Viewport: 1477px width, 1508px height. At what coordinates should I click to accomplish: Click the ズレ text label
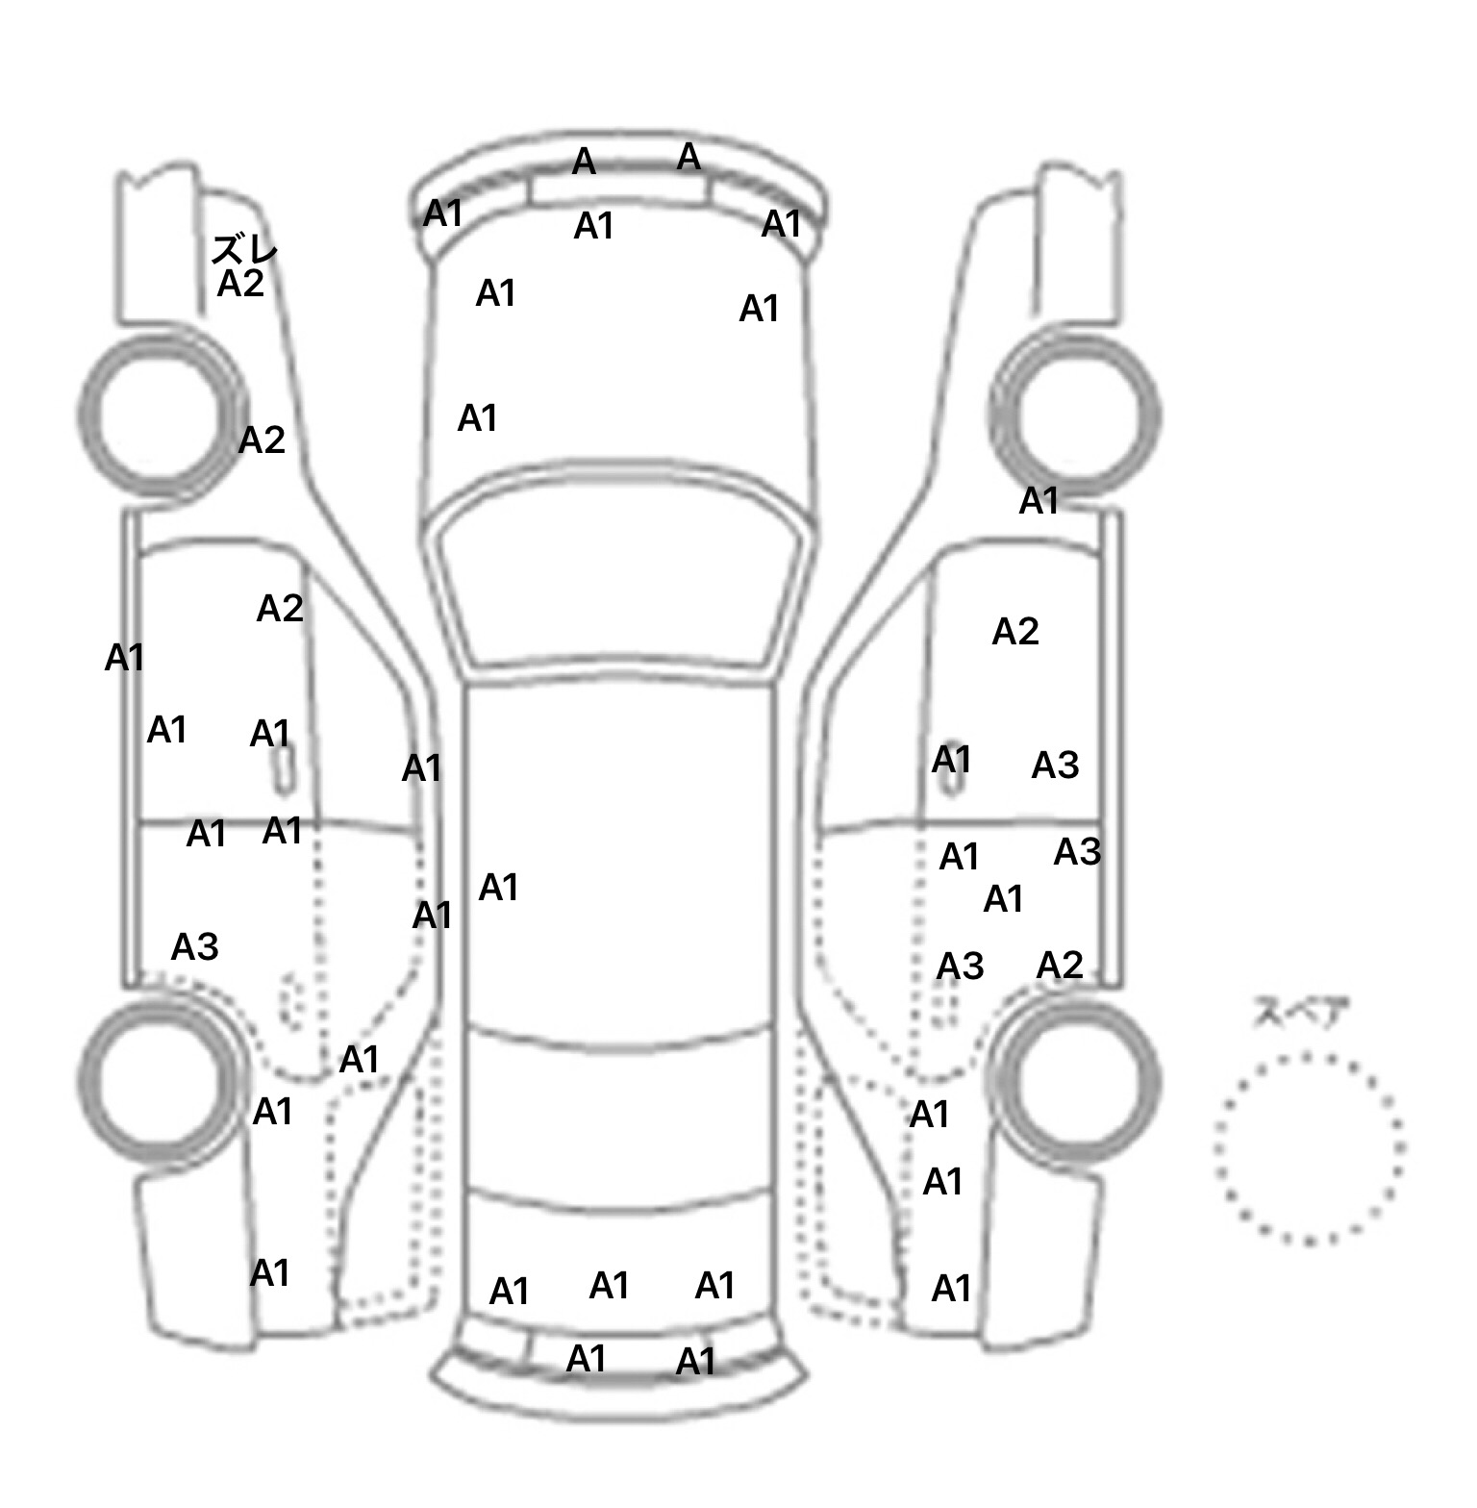(244, 250)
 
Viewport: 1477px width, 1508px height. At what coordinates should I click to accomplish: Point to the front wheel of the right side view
(1076, 415)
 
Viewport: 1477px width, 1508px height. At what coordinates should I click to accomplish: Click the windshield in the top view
(619, 577)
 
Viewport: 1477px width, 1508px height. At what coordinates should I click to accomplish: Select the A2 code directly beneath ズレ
(240, 284)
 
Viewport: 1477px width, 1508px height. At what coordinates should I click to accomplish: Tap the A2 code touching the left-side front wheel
(262, 440)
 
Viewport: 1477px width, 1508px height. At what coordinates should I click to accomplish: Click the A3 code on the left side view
(194, 947)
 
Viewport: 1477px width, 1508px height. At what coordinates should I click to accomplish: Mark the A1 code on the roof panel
(498, 887)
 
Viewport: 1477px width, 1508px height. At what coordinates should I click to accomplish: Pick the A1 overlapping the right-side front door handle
(951, 760)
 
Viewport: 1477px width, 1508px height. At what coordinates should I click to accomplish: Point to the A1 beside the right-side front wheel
(1039, 500)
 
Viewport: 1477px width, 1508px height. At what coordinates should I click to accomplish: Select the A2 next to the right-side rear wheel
(1060, 965)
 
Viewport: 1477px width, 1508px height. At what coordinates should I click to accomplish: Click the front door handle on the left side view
(283, 767)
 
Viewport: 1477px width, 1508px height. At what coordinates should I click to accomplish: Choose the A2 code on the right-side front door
(1015, 632)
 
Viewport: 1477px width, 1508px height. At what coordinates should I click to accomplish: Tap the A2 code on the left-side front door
(280, 608)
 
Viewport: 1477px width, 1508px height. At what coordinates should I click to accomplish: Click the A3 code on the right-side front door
(1055, 766)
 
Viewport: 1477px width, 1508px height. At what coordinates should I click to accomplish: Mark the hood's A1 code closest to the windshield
(477, 418)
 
